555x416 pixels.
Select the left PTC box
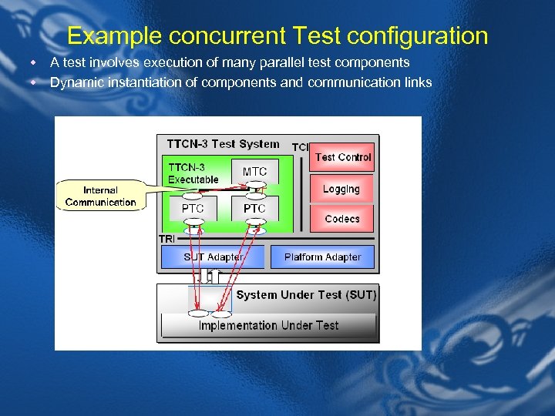tap(193, 209)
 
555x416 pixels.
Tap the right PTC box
tap(254, 209)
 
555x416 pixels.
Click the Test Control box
tap(342, 157)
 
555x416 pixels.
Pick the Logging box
tap(341, 189)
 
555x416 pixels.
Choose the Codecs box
tap(341, 219)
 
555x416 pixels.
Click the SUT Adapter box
tap(212, 257)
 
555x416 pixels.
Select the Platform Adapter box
tap(322, 257)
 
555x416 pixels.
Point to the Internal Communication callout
tap(100, 196)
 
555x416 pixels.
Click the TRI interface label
tap(167, 239)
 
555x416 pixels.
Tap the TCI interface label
tap(300, 146)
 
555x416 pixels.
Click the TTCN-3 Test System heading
tap(223, 143)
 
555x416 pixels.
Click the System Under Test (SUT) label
tap(306, 295)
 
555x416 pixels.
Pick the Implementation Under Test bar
tap(268, 325)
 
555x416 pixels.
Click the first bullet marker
tap(34, 62)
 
